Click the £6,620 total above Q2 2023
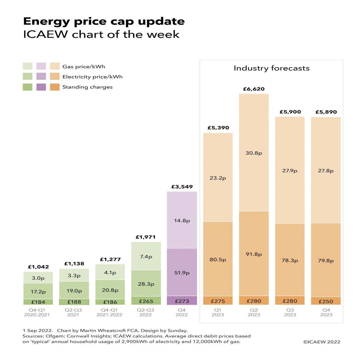point(254,89)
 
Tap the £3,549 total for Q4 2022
point(182,187)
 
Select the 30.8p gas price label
point(254,153)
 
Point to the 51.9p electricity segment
point(182,273)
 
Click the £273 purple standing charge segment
point(182,301)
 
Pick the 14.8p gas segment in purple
point(182,220)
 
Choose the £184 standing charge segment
point(38,302)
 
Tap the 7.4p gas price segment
point(146,256)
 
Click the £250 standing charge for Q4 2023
point(326,301)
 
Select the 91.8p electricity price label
point(254,254)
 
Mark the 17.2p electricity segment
point(38,292)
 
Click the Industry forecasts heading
point(271,68)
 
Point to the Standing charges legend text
point(87,87)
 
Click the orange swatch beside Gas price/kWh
point(55,66)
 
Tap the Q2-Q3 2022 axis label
point(146,312)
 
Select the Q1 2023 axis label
point(218,312)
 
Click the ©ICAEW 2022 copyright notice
point(322,342)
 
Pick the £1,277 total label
point(110,259)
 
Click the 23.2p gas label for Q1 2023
point(218,178)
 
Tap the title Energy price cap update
point(104,21)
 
